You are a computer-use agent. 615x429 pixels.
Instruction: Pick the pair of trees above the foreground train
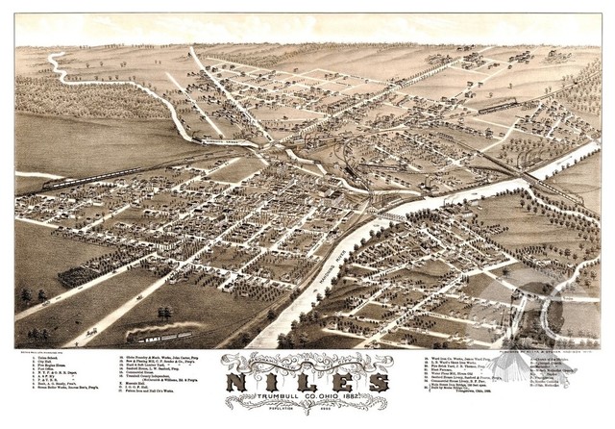pyautogui.click(x=166, y=314)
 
